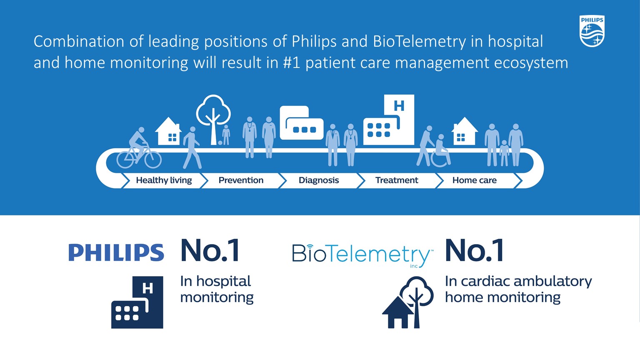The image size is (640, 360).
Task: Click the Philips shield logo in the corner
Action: coord(592,31)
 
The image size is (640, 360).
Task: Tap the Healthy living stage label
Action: coord(164,180)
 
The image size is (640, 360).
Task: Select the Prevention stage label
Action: coord(241,180)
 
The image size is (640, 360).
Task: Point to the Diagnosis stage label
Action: coord(319,180)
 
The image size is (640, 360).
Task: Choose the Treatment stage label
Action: coord(397,180)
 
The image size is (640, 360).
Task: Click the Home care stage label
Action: coord(474,180)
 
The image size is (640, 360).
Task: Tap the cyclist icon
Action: coord(139,150)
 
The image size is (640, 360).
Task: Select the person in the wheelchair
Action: coord(440,152)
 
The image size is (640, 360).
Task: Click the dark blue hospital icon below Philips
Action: coord(137,302)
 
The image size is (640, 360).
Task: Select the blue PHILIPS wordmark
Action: coord(116,252)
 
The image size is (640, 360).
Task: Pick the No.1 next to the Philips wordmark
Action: coord(210,251)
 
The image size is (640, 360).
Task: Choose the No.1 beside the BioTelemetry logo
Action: coord(475,251)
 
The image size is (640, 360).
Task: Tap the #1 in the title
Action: coord(291,63)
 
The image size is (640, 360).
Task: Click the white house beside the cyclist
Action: coord(168,132)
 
